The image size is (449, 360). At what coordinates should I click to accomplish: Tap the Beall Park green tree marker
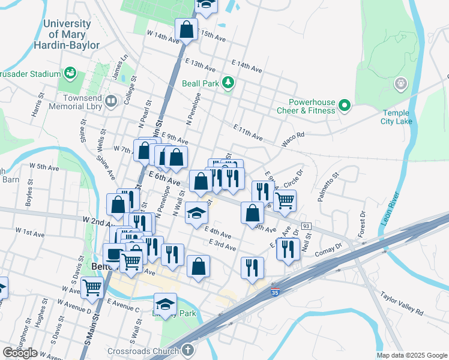(228, 83)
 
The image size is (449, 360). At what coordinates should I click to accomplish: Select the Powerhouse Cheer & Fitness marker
(344, 106)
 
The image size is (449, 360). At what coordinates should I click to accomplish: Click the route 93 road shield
(306, 224)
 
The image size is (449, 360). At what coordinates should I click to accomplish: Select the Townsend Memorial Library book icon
(110, 102)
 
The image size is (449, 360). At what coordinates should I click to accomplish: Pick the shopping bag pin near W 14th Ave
(187, 29)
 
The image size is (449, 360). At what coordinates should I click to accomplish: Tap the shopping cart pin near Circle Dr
(285, 199)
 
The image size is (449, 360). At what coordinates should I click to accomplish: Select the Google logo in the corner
(20, 353)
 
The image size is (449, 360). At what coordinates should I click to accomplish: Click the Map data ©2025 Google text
(411, 355)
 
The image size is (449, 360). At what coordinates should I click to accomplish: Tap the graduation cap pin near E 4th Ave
(196, 213)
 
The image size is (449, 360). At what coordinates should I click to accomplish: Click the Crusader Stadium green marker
(70, 74)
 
